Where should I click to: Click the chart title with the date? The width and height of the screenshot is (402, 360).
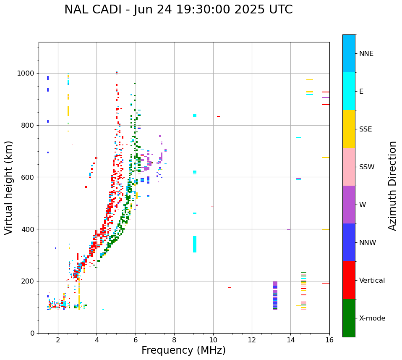coord(178,10)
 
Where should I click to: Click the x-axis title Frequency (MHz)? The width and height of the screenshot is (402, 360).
coord(183,350)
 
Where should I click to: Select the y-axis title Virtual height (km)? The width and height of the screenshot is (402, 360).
coord(9,188)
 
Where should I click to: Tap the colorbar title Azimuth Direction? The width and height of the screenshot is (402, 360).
coord(392,186)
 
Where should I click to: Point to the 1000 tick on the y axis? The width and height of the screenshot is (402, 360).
coord(26,73)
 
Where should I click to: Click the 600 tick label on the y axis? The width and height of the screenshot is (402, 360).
coord(28,177)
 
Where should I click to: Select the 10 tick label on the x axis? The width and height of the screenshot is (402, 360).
coord(213,340)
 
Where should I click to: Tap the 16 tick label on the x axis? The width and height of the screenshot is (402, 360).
coord(329,340)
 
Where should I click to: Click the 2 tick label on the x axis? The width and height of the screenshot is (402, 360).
coord(58,340)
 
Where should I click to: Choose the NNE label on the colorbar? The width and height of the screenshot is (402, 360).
coord(366,54)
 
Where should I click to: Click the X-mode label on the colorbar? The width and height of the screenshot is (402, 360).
coord(372,318)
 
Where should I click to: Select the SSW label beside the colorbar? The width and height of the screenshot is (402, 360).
coord(367,167)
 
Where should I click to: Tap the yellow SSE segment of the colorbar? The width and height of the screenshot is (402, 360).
coord(349,129)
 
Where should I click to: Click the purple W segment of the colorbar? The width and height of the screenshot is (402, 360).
coord(349,205)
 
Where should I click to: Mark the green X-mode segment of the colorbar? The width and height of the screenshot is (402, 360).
coord(349,318)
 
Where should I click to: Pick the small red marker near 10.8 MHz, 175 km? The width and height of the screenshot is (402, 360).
coord(230,288)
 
